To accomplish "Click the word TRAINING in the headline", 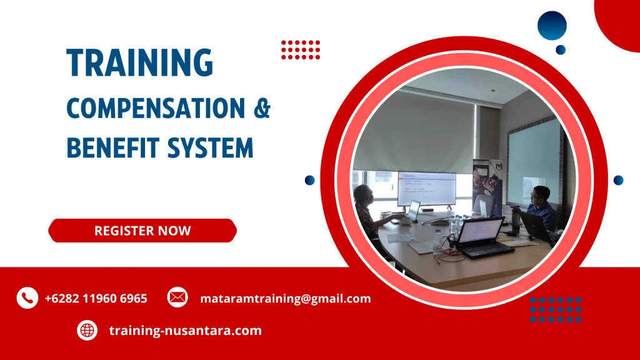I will point(139,62).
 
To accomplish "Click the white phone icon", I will point(27,298).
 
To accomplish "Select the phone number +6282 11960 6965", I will point(96,298).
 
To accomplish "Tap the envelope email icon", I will point(177,297).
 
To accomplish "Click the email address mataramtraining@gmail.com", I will point(285,298).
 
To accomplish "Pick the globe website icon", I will point(87,330).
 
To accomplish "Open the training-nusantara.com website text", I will point(185,330).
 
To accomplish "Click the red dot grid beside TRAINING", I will point(301,49).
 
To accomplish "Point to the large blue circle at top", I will point(552,26).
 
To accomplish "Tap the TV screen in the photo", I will point(427,188).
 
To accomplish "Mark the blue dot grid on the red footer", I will point(556,309).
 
